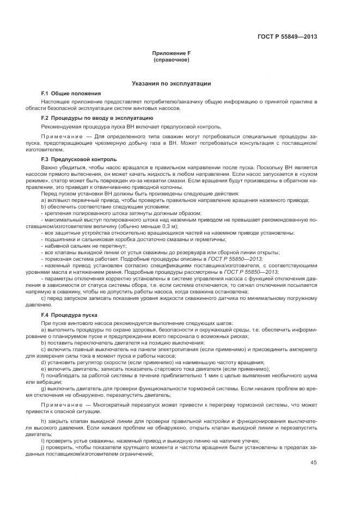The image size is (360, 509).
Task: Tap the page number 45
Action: (313, 463)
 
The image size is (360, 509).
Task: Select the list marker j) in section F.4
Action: (44, 446)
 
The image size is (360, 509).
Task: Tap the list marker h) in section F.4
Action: (44, 422)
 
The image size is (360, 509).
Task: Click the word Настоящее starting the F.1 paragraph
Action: (54, 102)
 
